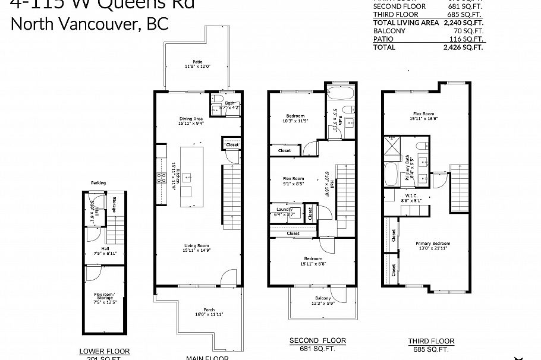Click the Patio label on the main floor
(197, 61)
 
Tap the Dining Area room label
(191, 118)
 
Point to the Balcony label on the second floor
(323, 299)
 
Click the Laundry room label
(285, 209)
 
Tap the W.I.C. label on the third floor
(411, 197)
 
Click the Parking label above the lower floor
(98, 183)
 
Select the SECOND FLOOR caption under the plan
(317, 340)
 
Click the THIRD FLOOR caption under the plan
(431, 341)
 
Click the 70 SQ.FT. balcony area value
(469, 31)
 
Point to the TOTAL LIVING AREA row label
(398, 23)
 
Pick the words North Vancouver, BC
(90, 24)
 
